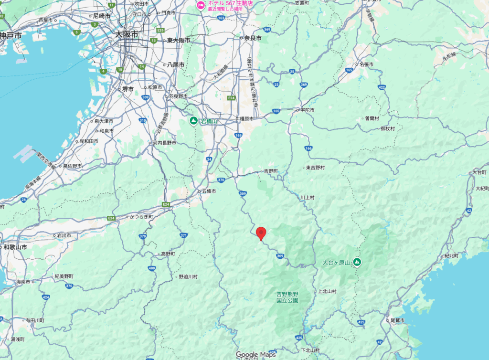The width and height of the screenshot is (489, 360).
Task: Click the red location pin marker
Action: pyautogui.click(x=261, y=233)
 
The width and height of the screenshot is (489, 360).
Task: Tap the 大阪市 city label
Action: pyautogui.click(x=127, y=34)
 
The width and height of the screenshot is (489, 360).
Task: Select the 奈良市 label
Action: pyautogui.click(x=253, y=38)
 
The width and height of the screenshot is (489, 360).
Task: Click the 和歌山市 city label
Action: pyautogui.click(x=15, y=247)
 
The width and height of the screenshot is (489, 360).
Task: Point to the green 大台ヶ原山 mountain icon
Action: pyautogui.click(x=357, y=262)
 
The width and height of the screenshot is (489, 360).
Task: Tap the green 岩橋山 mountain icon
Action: pyautogui.click(x=193, y=121)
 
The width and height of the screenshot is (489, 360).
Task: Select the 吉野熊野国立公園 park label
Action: pyautogui.click(x=287, y=297)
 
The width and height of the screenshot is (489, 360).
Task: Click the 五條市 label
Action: pyautogui.click(x=208, y=191)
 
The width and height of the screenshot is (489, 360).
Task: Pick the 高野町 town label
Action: pyautogui.click(x=169, y=254)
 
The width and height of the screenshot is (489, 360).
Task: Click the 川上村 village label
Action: pyautogui.click(x=308, y=197)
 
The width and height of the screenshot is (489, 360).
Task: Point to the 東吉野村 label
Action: pyautogui.click(x=315, y=168)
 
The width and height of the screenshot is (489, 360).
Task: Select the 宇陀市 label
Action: pyautogui.click(x=307, y=110)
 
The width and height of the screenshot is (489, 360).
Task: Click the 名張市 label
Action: pyautogui.click(x=366, y=64)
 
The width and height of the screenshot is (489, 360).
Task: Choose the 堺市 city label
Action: pyautogui.click(x=128, y=88)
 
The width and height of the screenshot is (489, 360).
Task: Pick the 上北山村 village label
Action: pyautogui.click(x=327, y=291)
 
